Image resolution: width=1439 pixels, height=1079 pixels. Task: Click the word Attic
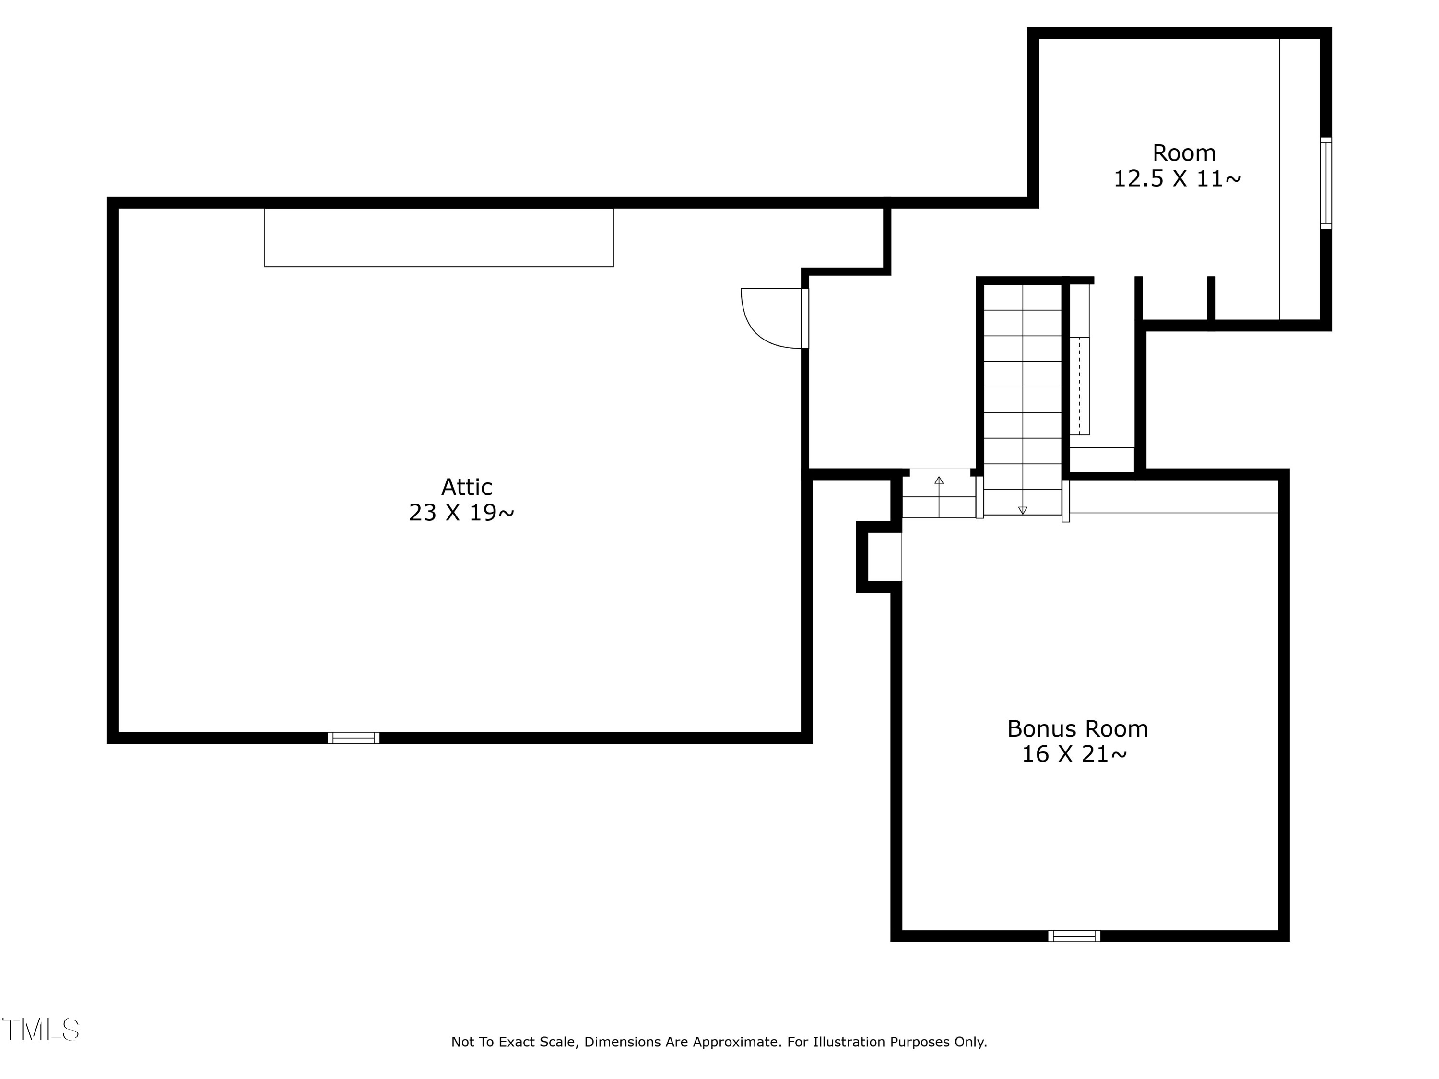tap(466, 487)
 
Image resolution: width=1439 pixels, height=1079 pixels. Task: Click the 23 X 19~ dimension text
tap(461, 513)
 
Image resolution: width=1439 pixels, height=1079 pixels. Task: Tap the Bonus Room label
tap(1077, 728)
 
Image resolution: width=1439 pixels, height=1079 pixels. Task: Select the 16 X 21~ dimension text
tap(1074, 754)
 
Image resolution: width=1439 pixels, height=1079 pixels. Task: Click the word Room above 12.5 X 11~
tap(1184, 153)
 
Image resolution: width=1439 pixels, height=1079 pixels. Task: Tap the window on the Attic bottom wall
tap(353, 738)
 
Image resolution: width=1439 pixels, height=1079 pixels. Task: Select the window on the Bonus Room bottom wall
tap(1074, 936)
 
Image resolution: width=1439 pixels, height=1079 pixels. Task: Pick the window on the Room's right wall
tap(1326, 183)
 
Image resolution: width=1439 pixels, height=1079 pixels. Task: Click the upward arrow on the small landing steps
tap(939, 496)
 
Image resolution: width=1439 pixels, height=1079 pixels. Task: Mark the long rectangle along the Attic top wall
tap(439, 237)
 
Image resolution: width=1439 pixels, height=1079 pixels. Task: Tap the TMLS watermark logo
tap(40, 1030)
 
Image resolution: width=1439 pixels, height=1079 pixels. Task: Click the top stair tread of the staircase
tap(1023, 297)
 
